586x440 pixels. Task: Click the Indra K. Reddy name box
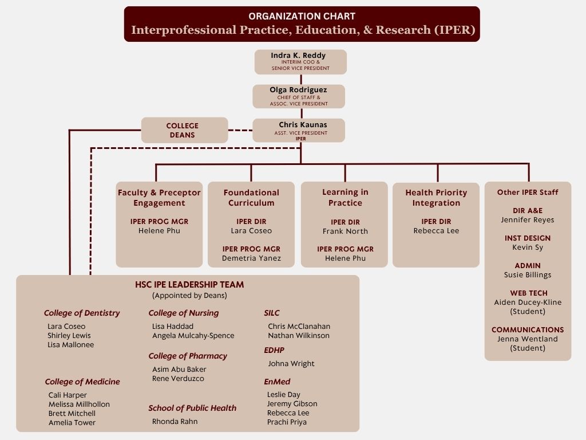click(x=300, y=62)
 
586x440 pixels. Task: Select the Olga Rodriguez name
click(x=299, y=90)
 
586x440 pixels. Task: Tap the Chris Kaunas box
click(x=299, y=130)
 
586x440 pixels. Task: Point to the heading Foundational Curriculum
click(x=251, y=198)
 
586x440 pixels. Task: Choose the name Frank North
click(x=345, y=231)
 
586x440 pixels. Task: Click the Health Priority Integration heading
click(x=436, y=198)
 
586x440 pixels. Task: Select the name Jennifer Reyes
click(x=527, y=219)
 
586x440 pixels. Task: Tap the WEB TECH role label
click(x=527, y=293)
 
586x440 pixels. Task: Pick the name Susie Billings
click(x=527, y=274)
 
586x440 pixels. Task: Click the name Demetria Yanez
click(x=251, y=258)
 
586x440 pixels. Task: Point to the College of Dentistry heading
click(x=82, y=313)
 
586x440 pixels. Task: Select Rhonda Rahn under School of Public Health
click(x=175, y=422)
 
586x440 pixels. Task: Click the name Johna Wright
click(x=291, y=363)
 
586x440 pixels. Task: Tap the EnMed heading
click(x=277, y=382)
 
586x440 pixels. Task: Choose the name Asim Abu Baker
click(x=179, y=370)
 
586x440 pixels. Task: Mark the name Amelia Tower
click(x=72, y=422)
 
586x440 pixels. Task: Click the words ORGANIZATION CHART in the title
click(x=302, y=16)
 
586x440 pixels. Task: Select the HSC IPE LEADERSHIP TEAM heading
click(x=189, y=284)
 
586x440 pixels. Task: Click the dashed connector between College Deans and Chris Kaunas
click(x=240, y=130)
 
